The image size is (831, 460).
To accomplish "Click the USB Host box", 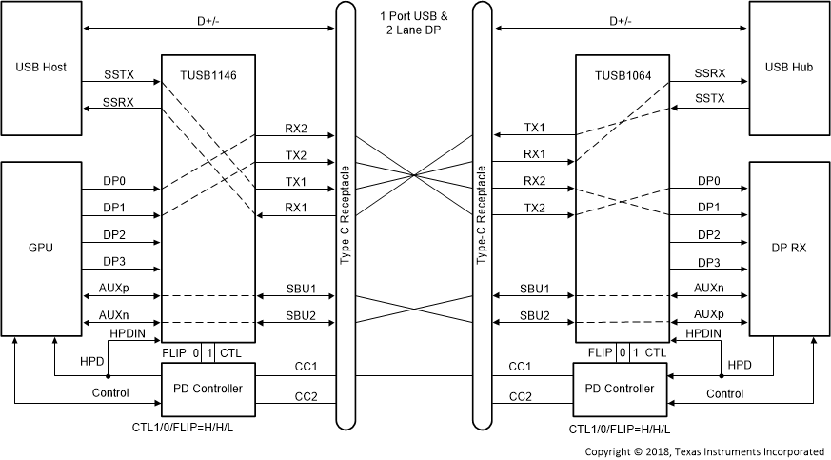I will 41,68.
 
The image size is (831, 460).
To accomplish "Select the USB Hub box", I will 788,68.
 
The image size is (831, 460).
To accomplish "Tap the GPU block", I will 41,248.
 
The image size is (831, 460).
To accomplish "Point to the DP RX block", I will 788,248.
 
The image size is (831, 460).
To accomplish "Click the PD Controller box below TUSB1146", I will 208,389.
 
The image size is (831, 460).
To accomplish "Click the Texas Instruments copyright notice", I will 703,451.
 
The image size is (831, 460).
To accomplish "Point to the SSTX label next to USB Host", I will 120,73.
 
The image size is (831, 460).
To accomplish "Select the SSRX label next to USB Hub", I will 709,73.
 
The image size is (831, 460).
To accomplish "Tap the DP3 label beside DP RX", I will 708,262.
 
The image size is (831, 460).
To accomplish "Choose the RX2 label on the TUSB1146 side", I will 296,128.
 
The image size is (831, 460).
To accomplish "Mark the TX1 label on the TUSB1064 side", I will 534,128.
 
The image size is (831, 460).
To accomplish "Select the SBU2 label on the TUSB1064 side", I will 534,314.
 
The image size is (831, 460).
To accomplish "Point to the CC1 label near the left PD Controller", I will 307,367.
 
